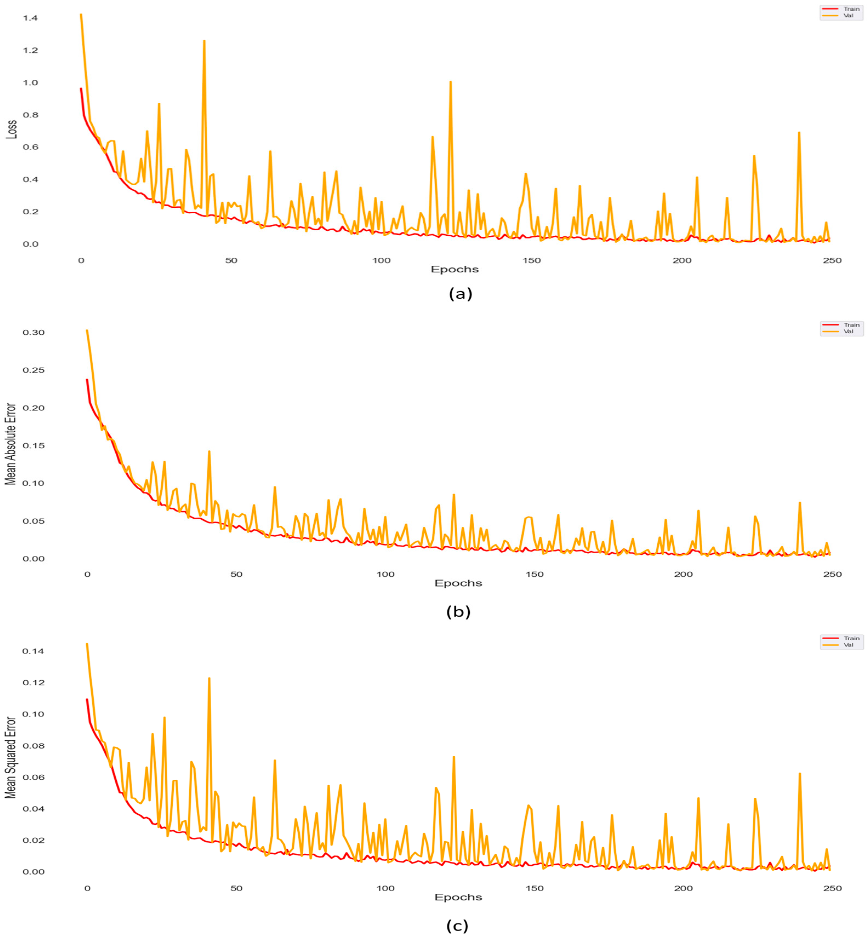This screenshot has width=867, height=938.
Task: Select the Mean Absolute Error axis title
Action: pyautogui.click(x=10, y=444)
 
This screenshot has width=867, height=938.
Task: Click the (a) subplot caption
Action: pyautogui.click(x=460, y=294)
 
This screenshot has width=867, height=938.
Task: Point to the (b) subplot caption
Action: pyautogui.click(x=458, y=612)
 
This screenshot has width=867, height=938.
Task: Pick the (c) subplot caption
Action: pyautogui.click(x=457, y=926)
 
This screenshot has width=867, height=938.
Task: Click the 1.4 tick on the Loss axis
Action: pyautogui.click(x=30, y=18)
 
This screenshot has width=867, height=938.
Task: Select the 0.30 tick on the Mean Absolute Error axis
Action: pyautogui.click(x=33, y=332)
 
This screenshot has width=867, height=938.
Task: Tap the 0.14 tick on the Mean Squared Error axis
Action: pyautogui.click(x=33, y=651)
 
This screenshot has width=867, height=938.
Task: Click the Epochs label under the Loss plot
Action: pyautogui.click(x=455, y=269)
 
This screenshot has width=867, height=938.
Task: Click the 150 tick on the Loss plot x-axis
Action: pyautogui.click(x=532, y=260)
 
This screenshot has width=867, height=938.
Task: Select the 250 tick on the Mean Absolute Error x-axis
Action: pyautogui.click(x=832, y=574)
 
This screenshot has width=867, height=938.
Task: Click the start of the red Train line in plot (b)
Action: pyautogui.click(x=87, y=380)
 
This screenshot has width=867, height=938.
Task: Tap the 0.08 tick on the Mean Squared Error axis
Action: pyautogui.click(x=33, y=746)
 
